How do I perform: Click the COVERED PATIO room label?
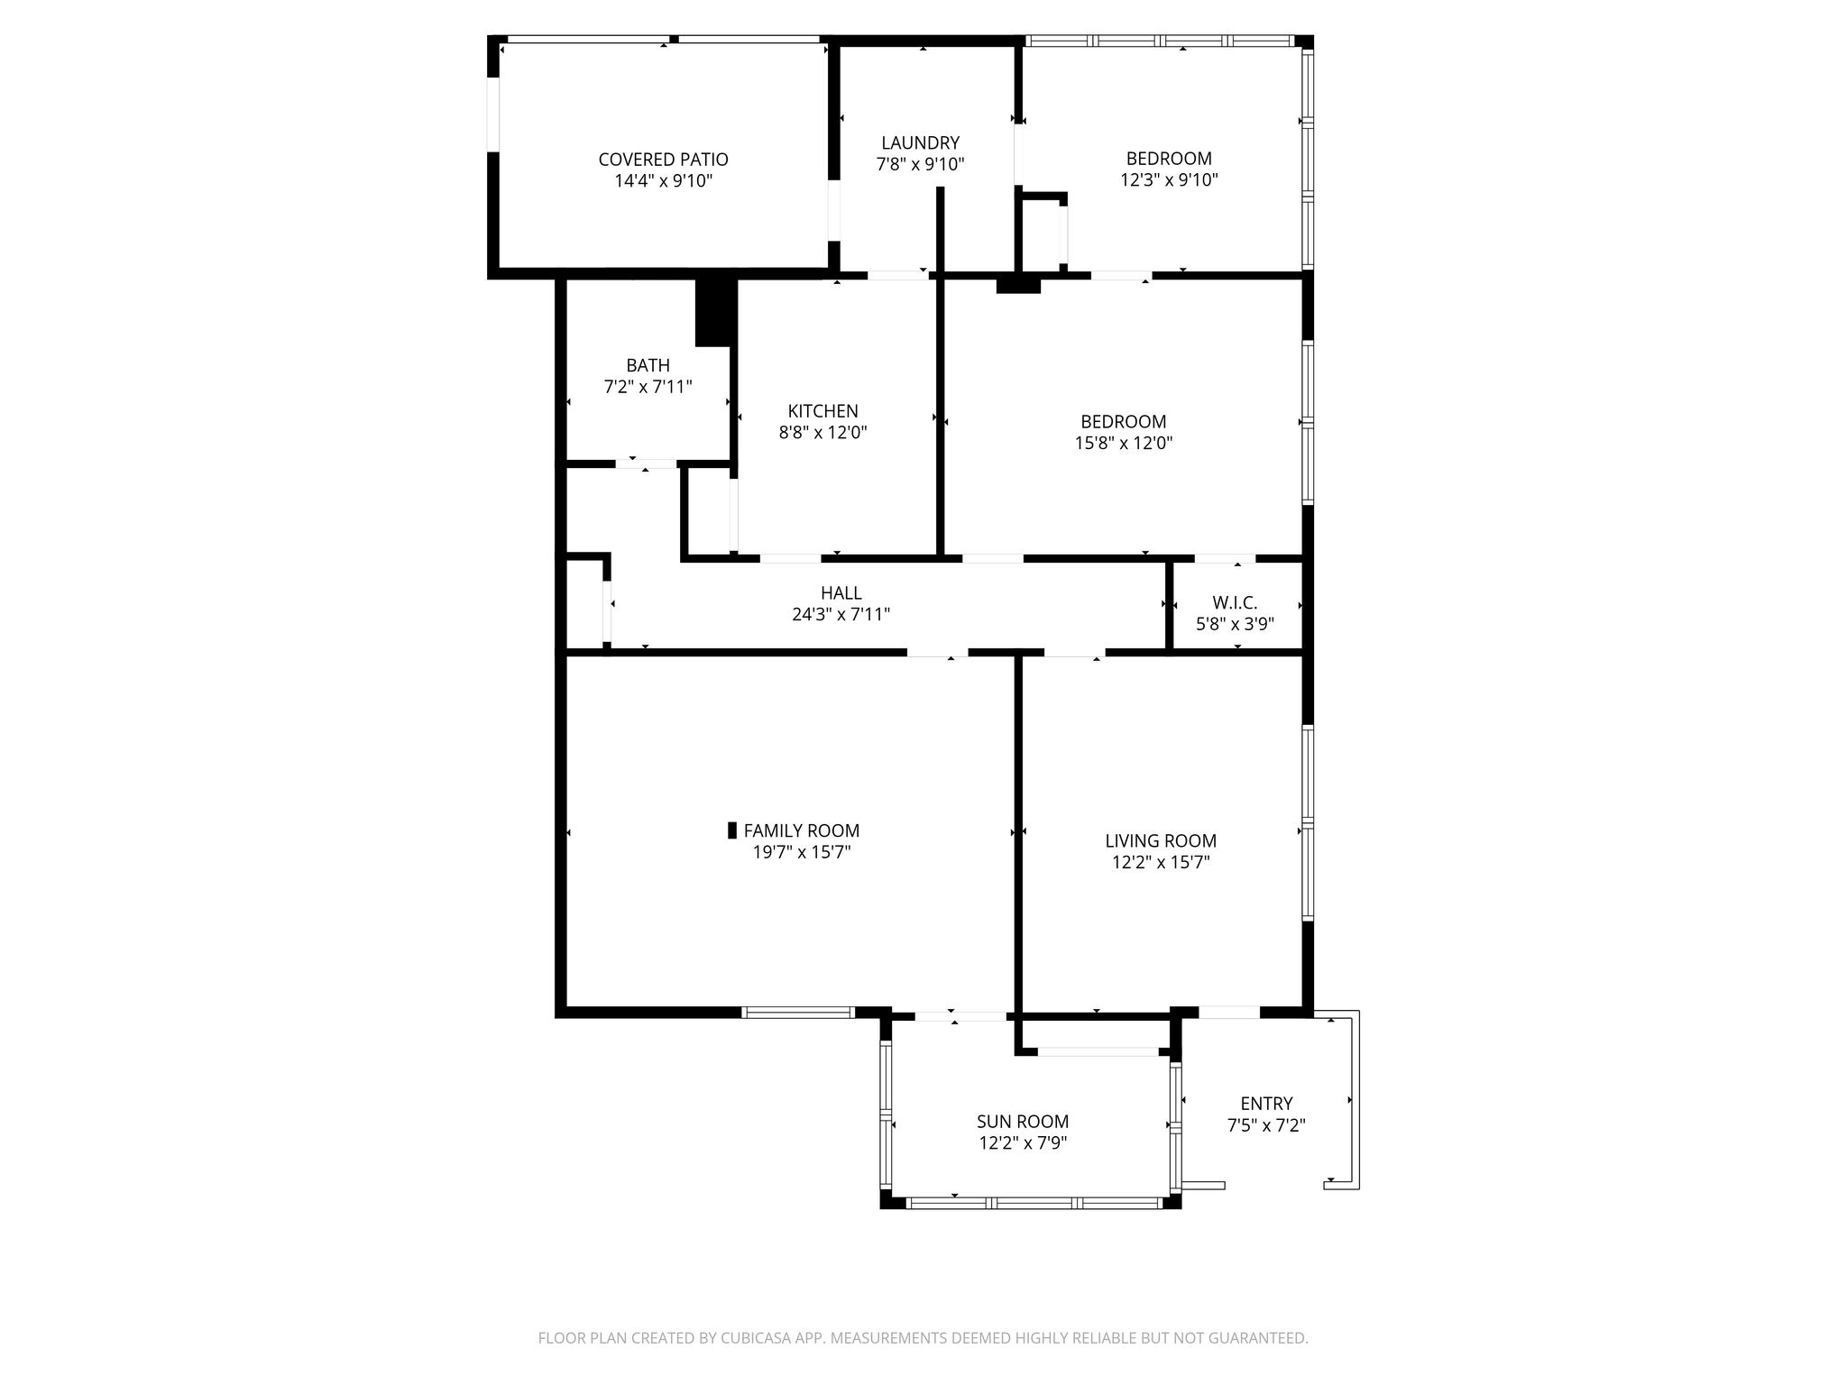coord(663,160)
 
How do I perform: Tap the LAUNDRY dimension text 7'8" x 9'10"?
coord(920,164)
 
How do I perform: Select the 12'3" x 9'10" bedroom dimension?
coord(1169,179)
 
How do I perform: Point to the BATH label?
coord(648,365)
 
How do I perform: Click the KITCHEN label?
coord(822,411)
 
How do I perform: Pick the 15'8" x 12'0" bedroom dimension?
coord(1124,443)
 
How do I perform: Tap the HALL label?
coord(841,593)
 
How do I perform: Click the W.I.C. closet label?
coord(1235,602)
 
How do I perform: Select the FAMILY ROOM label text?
coord(801,830)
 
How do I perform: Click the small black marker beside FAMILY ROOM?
coord(732,830)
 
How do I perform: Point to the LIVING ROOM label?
coord(1161,841)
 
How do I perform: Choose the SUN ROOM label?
coord(1023,1122)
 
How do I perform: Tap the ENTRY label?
coord(1266,1104)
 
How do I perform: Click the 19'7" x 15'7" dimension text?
coord(802,852)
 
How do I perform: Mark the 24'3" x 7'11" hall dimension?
coord(841,615)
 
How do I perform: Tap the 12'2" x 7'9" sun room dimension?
coord(1023,1143)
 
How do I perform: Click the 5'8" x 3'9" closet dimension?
coord(1235,624)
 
